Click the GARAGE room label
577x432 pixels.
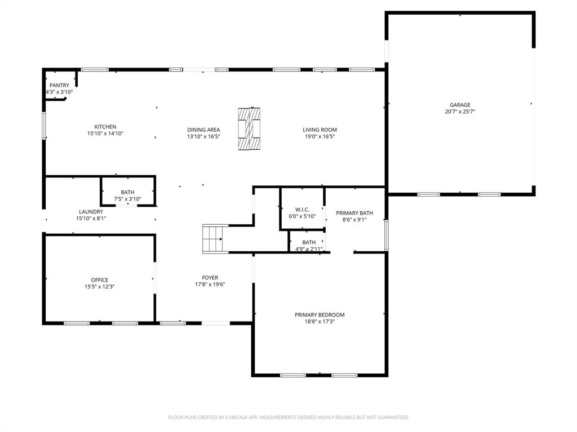[460, 105]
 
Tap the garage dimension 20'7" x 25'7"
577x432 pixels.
[460, 112]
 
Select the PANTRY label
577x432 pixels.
[59, 86]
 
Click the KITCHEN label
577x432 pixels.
[105, 127]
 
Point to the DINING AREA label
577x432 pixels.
[203, 130]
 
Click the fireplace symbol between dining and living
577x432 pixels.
[249, 128]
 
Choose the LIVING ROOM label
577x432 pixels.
[319, 130]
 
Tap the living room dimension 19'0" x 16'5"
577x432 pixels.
[319, 136]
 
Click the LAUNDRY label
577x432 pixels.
[91, 212]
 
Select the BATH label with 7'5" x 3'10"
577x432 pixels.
[127, 193]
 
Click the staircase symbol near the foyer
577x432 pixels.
[214, 239]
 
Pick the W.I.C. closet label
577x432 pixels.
[303, 210]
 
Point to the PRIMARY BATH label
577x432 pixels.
[354, 213]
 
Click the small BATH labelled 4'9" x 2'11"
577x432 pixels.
[309, 242]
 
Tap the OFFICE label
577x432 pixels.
[100, 280]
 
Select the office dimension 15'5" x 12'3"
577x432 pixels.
[100, 287]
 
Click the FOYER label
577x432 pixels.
[210, 278]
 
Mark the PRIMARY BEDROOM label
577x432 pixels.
[319, 315]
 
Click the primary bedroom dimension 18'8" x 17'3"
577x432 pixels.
[319, 322]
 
